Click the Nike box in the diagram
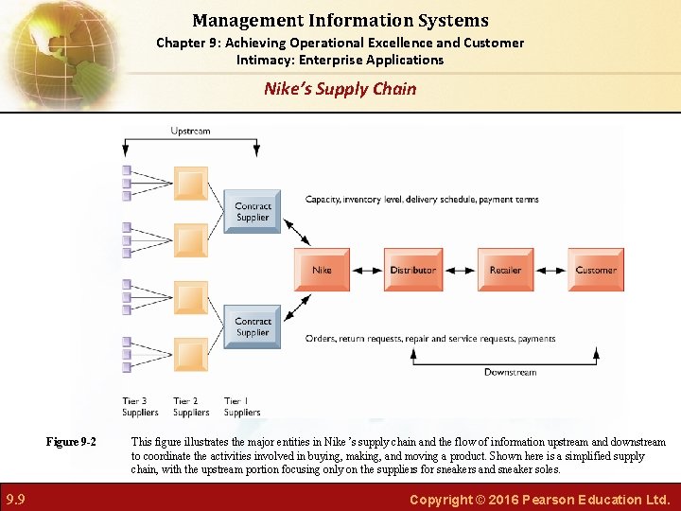(322, 270)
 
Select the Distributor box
(412, 270)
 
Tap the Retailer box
(505, 270)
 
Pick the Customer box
(596, 270)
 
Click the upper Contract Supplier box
(253, 211)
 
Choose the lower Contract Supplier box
(253, 326)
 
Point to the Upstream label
(190, 131)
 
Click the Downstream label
(510, 372)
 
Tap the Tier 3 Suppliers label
(140, 407)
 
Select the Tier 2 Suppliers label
(191, 407)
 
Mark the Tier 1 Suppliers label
(242, 407)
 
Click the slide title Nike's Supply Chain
(340, 89)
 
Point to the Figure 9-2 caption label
(71, 442)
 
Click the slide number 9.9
(15, 499)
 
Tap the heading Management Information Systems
(340, 20)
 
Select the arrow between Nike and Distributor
(366, 270)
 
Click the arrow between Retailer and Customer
(550, 270)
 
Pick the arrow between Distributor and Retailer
(459, 270)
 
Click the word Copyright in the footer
(441, 499)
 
